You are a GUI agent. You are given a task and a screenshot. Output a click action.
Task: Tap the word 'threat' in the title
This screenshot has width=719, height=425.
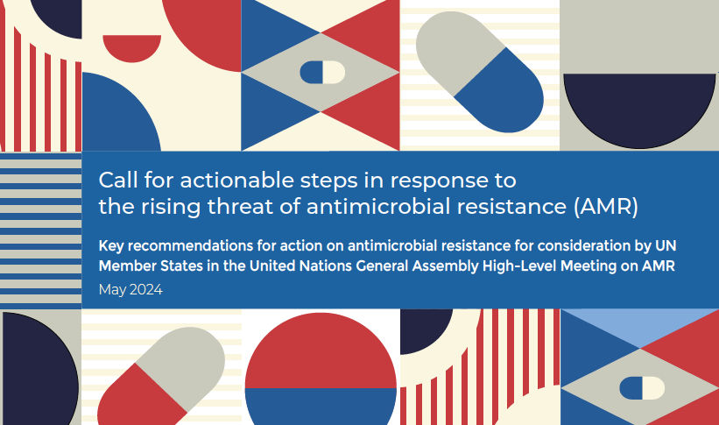[x=240, y=206]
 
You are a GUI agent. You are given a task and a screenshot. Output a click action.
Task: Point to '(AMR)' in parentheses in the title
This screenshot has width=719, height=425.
[x=606, y=207]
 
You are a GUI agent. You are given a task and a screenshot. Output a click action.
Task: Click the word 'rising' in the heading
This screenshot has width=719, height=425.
[x=171, y=207]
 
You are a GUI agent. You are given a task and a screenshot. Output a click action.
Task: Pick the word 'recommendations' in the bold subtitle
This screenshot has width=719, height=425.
[x=190, y=246]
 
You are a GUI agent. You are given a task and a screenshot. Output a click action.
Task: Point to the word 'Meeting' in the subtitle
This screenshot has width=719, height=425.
[x=589, y=266]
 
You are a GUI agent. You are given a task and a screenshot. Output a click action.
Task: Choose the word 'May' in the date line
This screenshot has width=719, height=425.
[x=112, y=290]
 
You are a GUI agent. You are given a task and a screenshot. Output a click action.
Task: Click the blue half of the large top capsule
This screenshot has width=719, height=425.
[x=501, y=92]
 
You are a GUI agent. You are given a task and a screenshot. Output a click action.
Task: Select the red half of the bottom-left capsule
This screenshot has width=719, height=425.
[x=138, y=397]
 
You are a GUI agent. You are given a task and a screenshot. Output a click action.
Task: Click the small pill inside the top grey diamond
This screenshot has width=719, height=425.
[x=322, y=73]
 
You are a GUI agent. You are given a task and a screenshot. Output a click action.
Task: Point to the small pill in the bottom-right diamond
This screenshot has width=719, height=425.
[x=642, y=388]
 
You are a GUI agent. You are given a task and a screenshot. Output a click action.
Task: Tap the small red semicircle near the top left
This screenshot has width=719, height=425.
[x=132, y=46]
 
